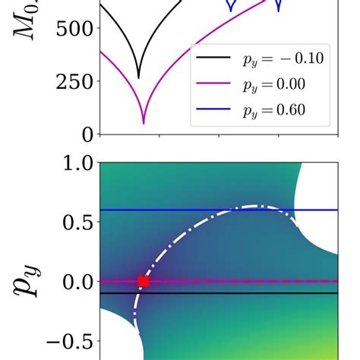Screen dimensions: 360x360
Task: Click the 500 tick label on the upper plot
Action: click(73, 29)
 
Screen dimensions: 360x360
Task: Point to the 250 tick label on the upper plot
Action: click(73, 82)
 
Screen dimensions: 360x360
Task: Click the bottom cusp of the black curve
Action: click(138, 77)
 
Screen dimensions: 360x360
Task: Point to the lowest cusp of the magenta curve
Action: click(144, 122)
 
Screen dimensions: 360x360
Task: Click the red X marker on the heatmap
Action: click(143, 282)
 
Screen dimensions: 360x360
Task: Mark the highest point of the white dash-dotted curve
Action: click(257, 206)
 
